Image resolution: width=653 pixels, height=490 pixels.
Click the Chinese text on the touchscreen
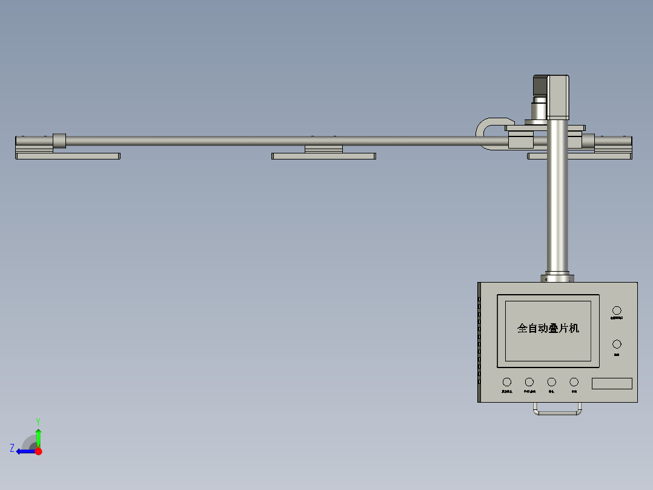(x=548, y=328)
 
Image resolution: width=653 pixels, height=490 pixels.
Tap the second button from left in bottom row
(x=529, y=382)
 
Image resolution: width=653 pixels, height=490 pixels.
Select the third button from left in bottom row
(x=552, y=382)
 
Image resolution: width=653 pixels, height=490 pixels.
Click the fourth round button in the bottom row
(x=574, y=382)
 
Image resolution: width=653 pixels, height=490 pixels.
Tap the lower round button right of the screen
(x=617, y=344)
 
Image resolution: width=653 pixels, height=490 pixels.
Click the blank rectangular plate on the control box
(x=612, y=383)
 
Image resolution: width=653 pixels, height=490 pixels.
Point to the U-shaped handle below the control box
(x=558, y=412)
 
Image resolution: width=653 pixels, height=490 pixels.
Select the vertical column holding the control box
(x=557, y=200)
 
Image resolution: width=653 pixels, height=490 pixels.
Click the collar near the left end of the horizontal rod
(x=59, y=141)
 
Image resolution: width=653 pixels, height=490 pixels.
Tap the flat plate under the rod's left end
(x=67, y=156)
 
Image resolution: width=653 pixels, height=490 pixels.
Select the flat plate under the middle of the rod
(x=323, y=156)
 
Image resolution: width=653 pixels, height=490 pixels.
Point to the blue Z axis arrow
(x=24, y=451)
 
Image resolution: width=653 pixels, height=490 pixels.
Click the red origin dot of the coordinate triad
(x=38, y=451)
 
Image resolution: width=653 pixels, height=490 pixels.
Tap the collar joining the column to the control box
(x=557, y=278)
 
